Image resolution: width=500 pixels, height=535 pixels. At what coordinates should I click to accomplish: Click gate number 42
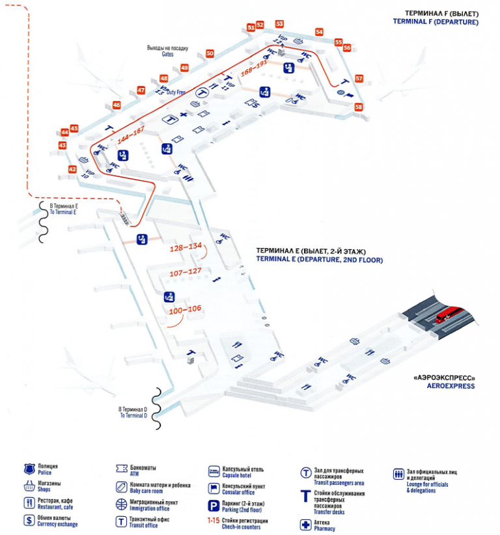pos(72,169)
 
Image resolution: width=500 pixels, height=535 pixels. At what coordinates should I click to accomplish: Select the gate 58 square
pos(358,107)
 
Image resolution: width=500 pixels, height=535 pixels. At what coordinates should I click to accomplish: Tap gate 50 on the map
pos(210,53)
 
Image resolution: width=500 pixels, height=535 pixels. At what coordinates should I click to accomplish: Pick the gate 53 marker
pos(280,23)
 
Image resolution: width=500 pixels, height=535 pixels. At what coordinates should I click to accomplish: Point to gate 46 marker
pos(117,105)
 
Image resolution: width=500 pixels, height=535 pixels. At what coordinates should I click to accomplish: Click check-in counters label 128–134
pos(186,247)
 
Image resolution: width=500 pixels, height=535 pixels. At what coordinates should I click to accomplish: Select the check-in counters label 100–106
pos(186,309)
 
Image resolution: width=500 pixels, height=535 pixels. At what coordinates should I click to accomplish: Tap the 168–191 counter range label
pos(255,69)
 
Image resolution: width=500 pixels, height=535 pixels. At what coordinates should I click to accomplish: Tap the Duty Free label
pos(176,92)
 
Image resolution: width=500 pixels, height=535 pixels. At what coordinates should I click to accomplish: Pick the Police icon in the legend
pos(29,469)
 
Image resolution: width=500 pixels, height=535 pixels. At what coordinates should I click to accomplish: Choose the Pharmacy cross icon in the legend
pos(304,525)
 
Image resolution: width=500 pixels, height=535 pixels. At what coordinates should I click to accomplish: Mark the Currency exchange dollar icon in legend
pos(29,520)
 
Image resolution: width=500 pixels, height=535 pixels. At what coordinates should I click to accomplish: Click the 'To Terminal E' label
pos(64,210)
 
